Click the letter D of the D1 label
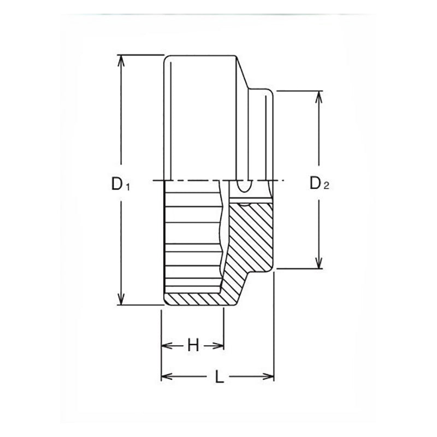pyautogui.click(x=117, y=184)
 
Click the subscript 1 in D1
pyautogui.click(x=127, y=187)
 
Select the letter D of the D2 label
pyautogui.click(x=315, y=183)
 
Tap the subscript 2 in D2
pyautogui.click(x=326, y=186)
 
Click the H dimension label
pyautogui.click(x=193, y=346)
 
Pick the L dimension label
pyautogui.click(x=220, y=376)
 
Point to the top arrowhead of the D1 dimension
pyautogui.click(x=121, y=61)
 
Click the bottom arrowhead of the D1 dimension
pyautogui.click(x=121, y=299)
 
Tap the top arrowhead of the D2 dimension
pyautogui.click(x=319, y=97)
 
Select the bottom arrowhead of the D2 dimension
pyautogui.click(x=319, y=263)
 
